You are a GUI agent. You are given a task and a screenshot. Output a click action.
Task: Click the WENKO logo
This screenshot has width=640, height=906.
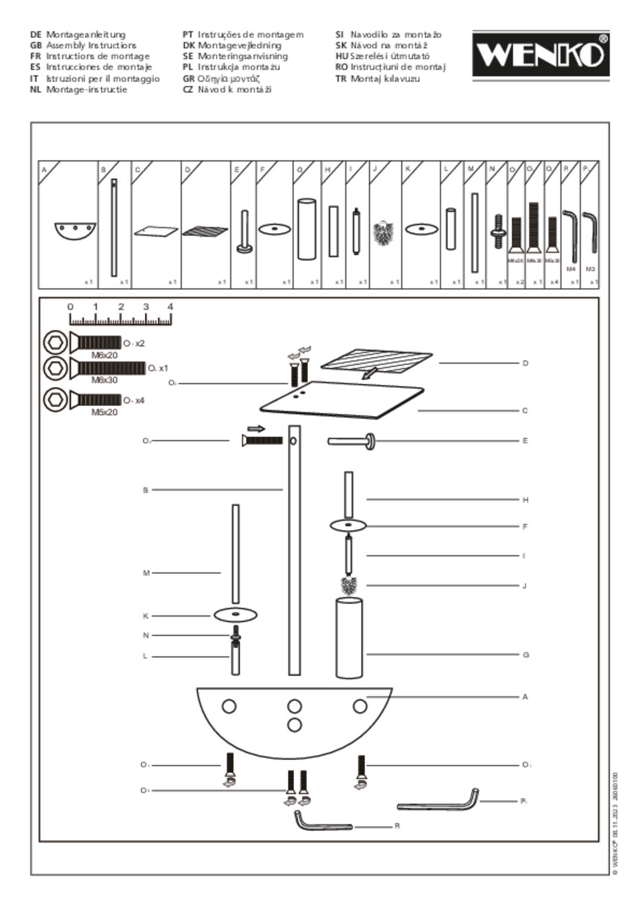click(540, 55)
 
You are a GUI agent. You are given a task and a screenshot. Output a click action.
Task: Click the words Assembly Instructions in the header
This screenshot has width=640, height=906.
click(91, 45)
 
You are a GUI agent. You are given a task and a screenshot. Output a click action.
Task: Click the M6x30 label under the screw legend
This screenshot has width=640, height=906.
click(104, 381)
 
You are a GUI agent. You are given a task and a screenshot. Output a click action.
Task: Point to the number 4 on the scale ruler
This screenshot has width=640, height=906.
click(170, 307)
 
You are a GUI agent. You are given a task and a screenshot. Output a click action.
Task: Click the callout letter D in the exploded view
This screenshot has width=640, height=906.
click(525, 363)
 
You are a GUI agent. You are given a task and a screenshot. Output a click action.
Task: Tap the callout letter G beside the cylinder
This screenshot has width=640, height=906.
click(525, 655)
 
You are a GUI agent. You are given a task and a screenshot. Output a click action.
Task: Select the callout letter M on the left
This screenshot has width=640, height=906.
click(146, 573)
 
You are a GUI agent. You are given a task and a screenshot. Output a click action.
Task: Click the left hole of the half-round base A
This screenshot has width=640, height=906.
click(229, 706)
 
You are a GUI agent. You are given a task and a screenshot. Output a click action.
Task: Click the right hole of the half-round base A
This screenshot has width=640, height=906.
click(360, 706)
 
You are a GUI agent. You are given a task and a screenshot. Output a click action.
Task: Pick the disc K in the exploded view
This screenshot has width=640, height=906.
click(235, 615)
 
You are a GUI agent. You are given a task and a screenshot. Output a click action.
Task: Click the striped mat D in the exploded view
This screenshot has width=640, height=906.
click(376, 360)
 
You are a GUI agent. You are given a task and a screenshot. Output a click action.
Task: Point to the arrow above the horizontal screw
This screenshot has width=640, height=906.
click(256, 429)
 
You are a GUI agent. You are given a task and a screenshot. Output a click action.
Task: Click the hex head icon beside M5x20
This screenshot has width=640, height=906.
click(56, 400)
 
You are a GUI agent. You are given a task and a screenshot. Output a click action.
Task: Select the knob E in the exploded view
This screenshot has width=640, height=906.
click(353, 442)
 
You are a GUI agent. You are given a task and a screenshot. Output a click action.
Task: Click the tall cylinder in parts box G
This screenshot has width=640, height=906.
click(306, 229)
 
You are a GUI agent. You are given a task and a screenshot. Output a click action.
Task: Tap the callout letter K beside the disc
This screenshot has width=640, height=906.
click(146, 616)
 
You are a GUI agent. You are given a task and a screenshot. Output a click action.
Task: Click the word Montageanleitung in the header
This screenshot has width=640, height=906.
click(86, 34)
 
